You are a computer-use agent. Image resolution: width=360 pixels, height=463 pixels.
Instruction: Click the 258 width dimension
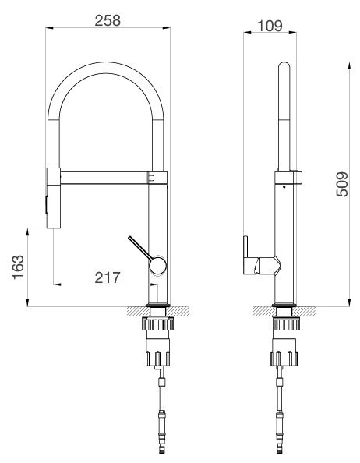108,21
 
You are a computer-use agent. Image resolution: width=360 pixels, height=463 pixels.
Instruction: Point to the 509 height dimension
341,184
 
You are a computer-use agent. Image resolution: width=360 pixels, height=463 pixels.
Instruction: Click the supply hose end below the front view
161,448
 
